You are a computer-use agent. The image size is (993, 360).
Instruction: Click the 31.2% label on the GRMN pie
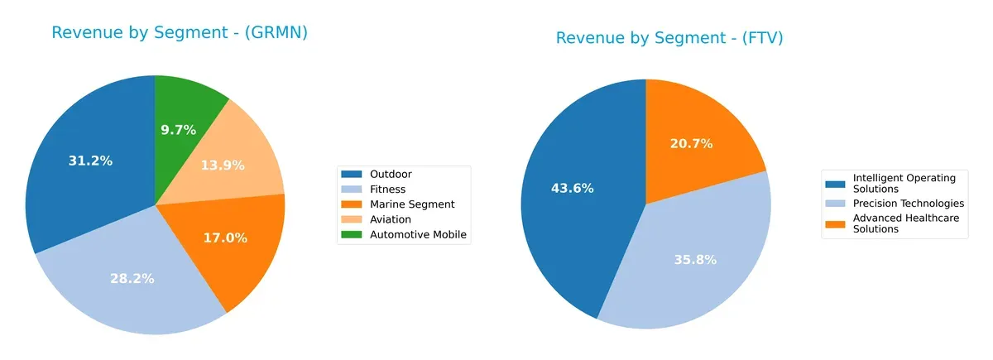point(90,161)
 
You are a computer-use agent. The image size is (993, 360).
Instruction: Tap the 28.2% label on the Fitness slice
point(132,279)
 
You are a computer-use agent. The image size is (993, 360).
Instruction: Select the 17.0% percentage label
point(225,238)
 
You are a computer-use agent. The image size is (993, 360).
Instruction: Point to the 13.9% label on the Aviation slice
point(223,166)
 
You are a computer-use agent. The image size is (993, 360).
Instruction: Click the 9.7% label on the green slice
point(178,130)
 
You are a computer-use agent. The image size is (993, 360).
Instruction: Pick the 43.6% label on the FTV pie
point(573,188)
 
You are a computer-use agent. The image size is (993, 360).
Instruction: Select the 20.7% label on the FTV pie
point(691,143)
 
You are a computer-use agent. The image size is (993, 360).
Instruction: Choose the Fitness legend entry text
point(388,190)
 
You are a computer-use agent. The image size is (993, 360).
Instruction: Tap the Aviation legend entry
point(391,219)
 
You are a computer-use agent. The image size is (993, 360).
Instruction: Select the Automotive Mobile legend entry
point(419,234)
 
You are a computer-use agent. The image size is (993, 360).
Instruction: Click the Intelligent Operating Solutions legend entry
point(904,183)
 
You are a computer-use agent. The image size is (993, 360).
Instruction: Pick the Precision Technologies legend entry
point(908,203)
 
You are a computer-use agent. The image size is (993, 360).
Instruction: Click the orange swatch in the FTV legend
point(837,219)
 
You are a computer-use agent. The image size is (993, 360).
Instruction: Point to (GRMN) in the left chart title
point(279,33)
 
